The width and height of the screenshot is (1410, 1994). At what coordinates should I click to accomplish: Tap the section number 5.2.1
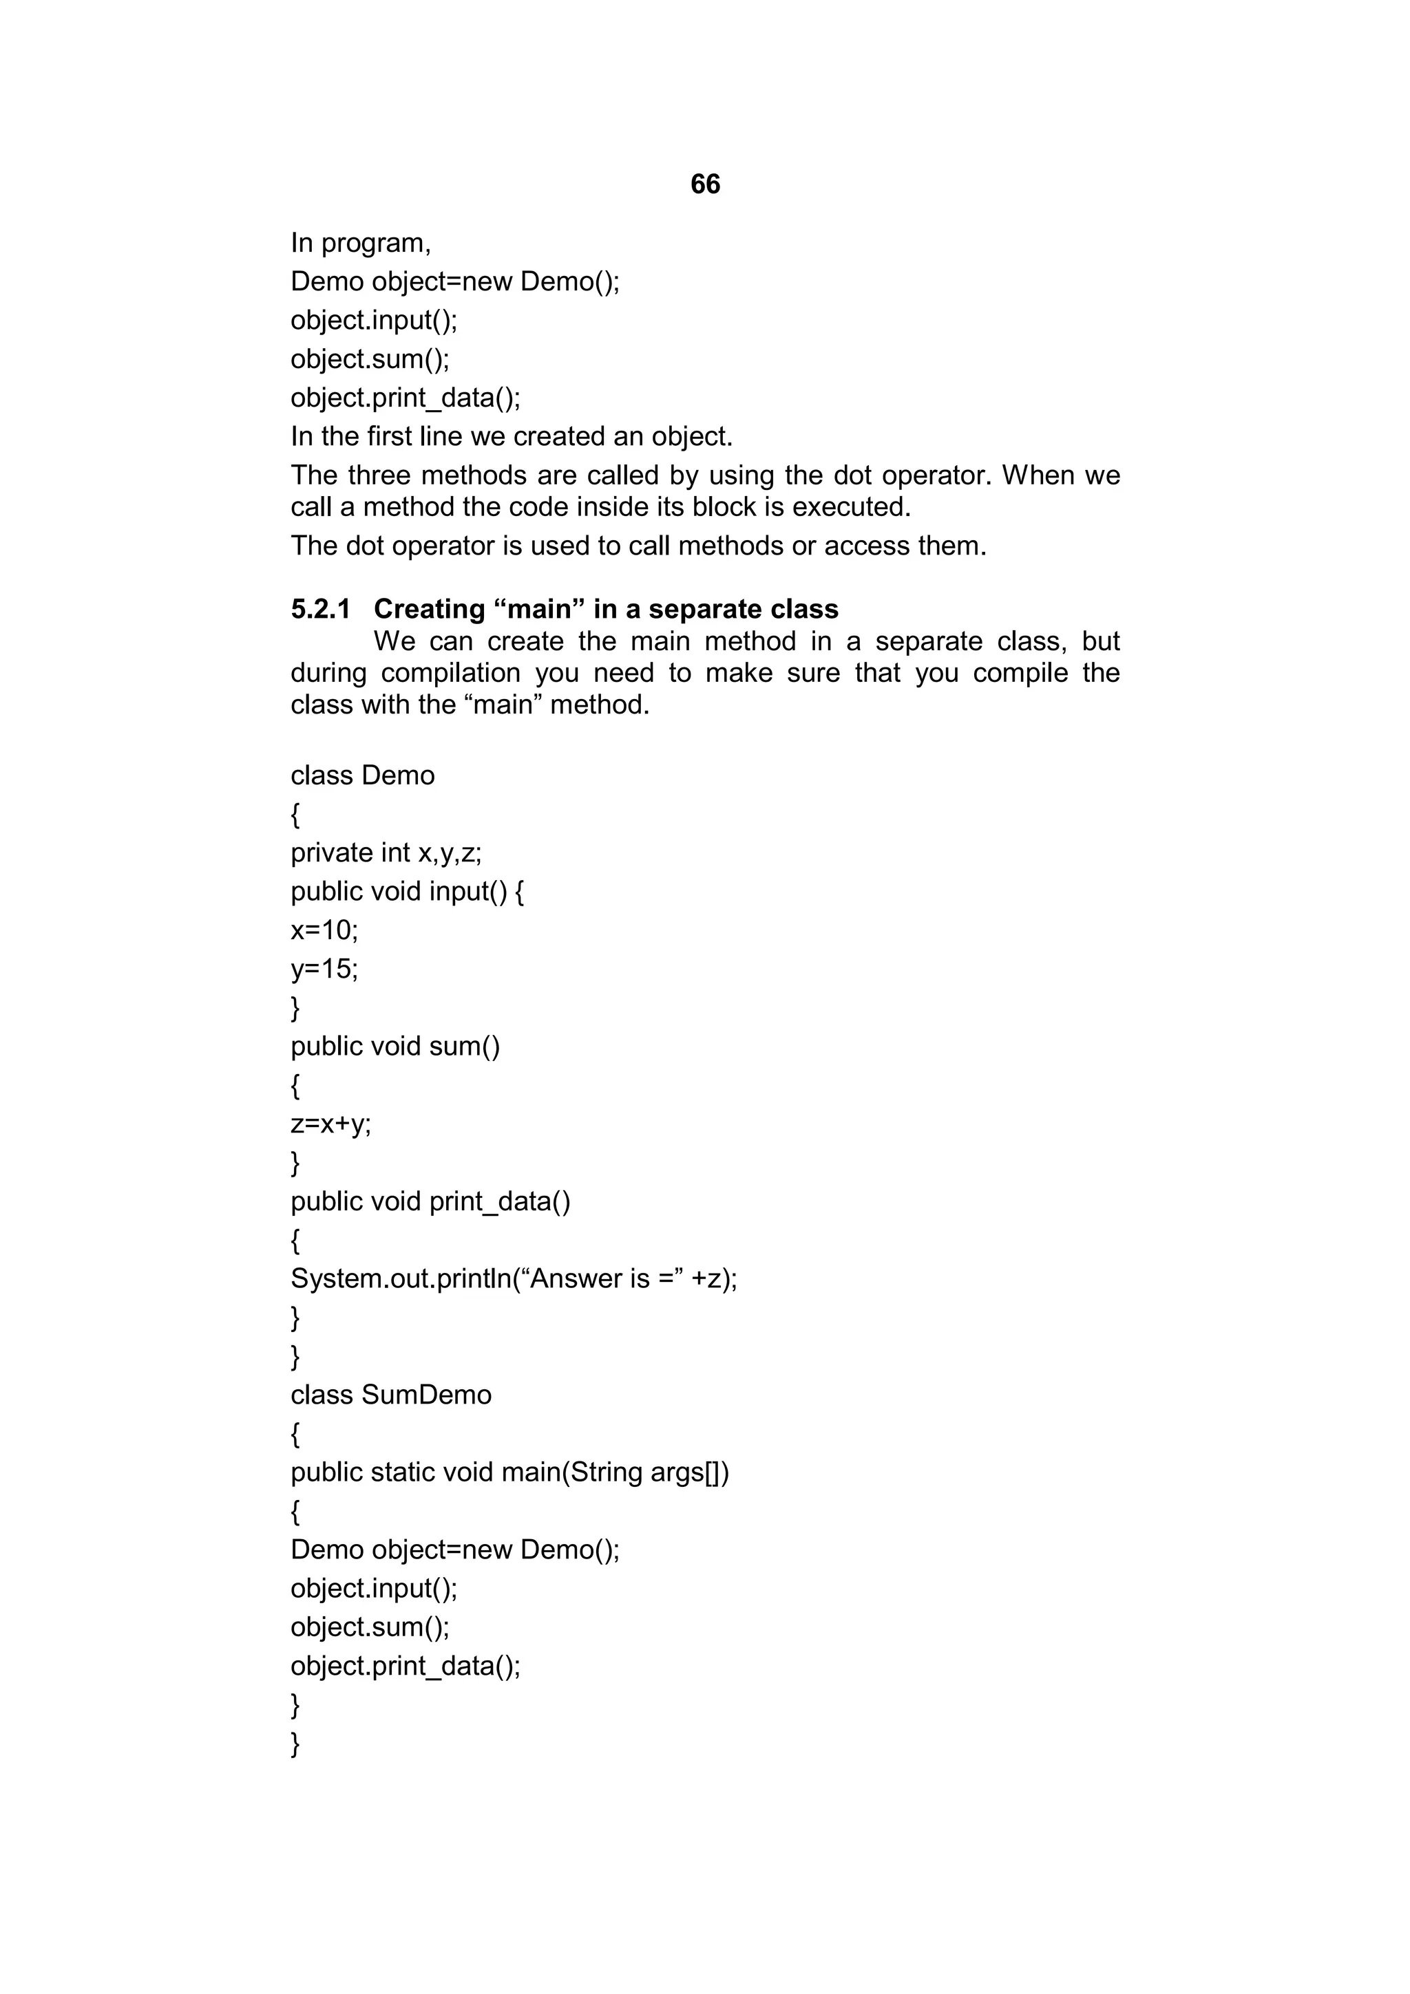click(x=321, y=609)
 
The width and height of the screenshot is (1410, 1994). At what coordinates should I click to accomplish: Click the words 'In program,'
click(x=361, y=243)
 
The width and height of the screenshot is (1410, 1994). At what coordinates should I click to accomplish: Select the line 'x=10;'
click(x=324, y=930)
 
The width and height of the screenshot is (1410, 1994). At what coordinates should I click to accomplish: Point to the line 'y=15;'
click(x=324, y=968)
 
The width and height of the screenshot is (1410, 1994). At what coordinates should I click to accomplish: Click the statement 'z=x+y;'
click(x=330, y=1124)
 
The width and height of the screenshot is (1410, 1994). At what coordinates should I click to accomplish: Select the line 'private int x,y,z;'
click(x=386, y=853)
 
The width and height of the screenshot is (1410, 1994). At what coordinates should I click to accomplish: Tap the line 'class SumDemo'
click(x=391, y=1395)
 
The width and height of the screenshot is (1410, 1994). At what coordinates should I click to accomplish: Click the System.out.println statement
click(x=514, y=1278)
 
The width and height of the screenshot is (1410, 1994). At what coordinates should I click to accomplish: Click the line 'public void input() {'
click(x=408, y=892)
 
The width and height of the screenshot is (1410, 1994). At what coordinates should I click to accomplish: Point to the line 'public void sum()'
click(x=395, y=1047)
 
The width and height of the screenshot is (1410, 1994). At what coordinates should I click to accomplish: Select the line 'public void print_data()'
click(x=431, y=1201)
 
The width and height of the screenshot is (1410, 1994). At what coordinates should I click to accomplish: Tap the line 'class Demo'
click(x=362, y=775)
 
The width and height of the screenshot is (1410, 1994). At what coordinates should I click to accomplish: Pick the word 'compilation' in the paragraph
click(x=450, y=673)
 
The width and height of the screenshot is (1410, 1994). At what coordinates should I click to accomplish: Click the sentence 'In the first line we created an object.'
click(x=512, y=436)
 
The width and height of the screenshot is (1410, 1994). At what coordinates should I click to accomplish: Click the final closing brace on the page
click(x=295, y=1744)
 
